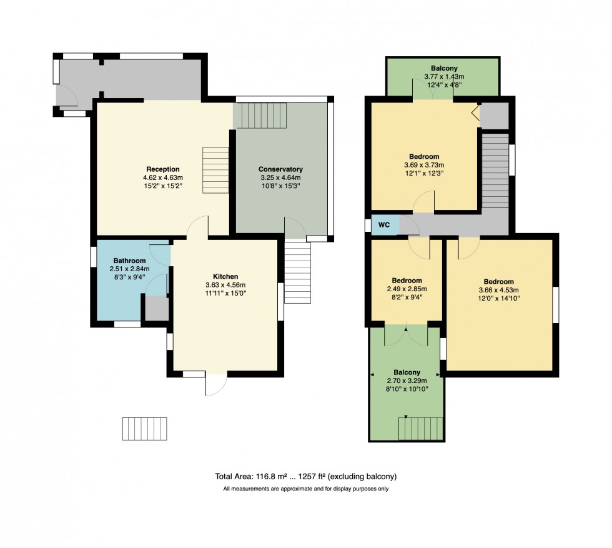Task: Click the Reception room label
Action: [x=162, y=169]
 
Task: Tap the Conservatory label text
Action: [x=280, y=169]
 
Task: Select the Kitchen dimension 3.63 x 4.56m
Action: [x=225, y=285]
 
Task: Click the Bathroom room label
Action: [x=129, y=261]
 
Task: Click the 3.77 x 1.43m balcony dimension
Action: [x=444, y=77]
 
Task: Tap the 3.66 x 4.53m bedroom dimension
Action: [x=498, y=290]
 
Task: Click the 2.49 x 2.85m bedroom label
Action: [x=407, y=281]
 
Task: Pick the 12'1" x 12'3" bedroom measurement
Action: [x=424, y=173]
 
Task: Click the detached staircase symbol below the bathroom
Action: [x=145, y=429]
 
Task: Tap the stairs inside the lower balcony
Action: [x=421, y=429]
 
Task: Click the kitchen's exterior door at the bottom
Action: [x=215, y=384]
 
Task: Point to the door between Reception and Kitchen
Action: [x=199, y=227]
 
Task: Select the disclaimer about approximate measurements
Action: [x=305, y=489]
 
